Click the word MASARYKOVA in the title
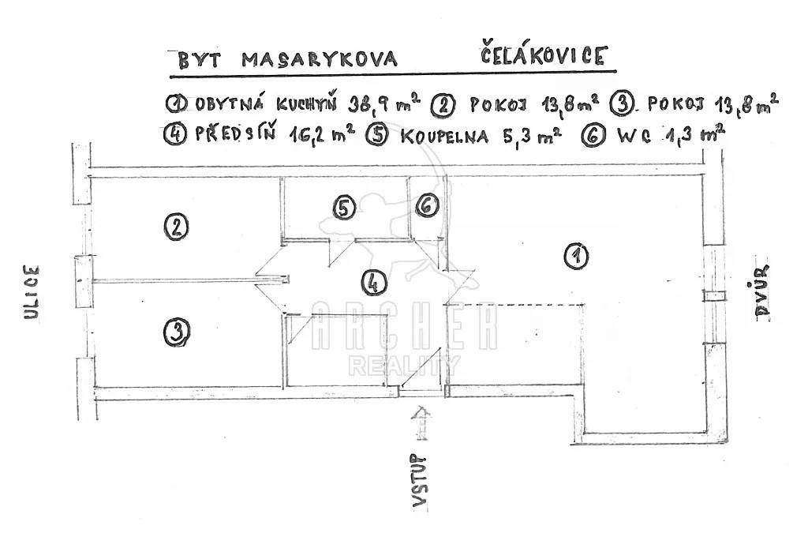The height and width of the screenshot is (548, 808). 320,60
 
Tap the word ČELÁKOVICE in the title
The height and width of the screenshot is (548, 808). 543,56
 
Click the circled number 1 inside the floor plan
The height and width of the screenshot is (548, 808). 576,256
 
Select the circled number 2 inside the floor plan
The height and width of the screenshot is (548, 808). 177,227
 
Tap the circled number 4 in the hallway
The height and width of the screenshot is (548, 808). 375,282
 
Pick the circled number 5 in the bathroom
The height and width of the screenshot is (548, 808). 344,208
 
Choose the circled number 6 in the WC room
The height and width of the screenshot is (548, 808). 427,205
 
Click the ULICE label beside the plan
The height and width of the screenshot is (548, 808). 32,292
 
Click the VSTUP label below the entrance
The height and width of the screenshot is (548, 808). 421,482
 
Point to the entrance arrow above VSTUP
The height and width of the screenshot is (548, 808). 422,422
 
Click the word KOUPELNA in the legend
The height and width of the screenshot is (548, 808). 443,137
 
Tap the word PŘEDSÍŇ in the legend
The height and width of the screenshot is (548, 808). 235,134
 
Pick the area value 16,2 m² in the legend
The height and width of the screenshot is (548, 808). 322,136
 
